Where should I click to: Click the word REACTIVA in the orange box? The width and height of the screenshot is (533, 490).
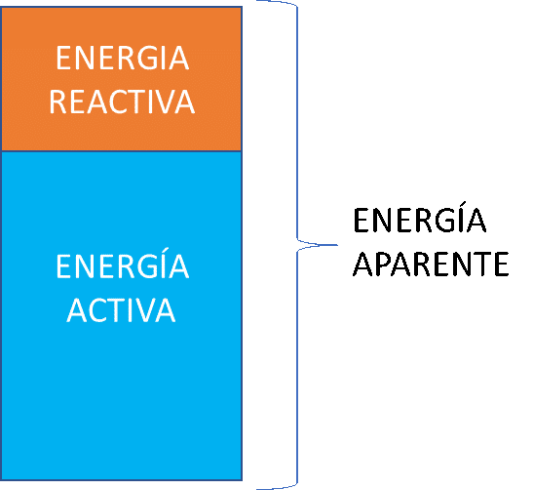[122, 102]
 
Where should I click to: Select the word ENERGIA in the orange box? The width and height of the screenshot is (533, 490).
[122, 59]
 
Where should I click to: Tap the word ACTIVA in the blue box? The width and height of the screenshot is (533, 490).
[122, 309]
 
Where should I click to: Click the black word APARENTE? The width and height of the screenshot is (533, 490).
[431, 264]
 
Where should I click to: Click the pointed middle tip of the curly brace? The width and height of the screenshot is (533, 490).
[337, 245]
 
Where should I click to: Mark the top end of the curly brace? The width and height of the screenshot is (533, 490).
[257, 1]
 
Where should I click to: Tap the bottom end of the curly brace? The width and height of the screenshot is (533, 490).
[257, 489]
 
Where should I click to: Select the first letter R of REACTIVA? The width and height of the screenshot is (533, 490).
[57, 102]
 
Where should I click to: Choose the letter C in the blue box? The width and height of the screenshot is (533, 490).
[97, 310]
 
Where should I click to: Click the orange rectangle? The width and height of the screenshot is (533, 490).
[122, 79]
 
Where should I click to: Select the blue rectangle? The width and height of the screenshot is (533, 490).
[122, 315]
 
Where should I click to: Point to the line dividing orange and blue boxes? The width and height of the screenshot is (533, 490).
[122, 151]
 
